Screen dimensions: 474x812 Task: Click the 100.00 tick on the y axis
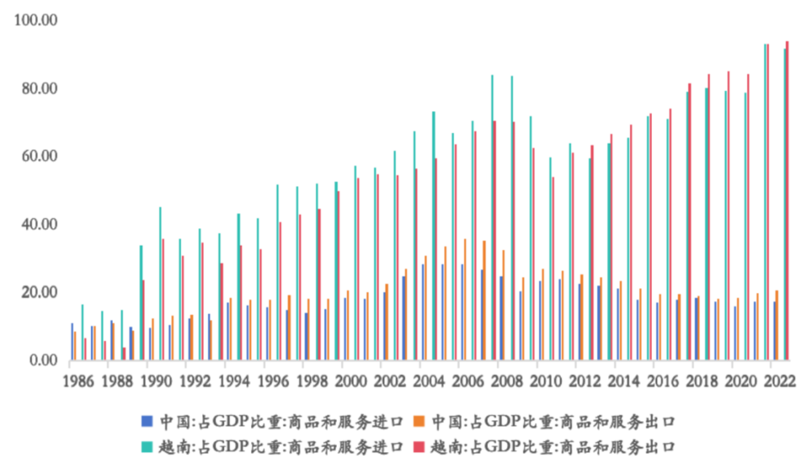click(x=37, y=20)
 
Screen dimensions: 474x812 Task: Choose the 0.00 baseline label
click(x=43, y=360)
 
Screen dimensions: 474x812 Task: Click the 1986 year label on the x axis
click(x=79, y=381)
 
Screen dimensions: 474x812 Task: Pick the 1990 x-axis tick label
click(x=157, y=381)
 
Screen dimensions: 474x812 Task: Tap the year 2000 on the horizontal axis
click(x=352, y=381)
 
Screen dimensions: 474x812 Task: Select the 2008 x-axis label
click(x=508, y=381)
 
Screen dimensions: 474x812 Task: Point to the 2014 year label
click(x=624, y=381)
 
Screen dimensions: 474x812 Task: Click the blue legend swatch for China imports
click(x=147, y=420)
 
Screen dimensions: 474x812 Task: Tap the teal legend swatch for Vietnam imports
click(x=147, y=446)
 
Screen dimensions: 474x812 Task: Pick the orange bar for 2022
click(x=777, y=324)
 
